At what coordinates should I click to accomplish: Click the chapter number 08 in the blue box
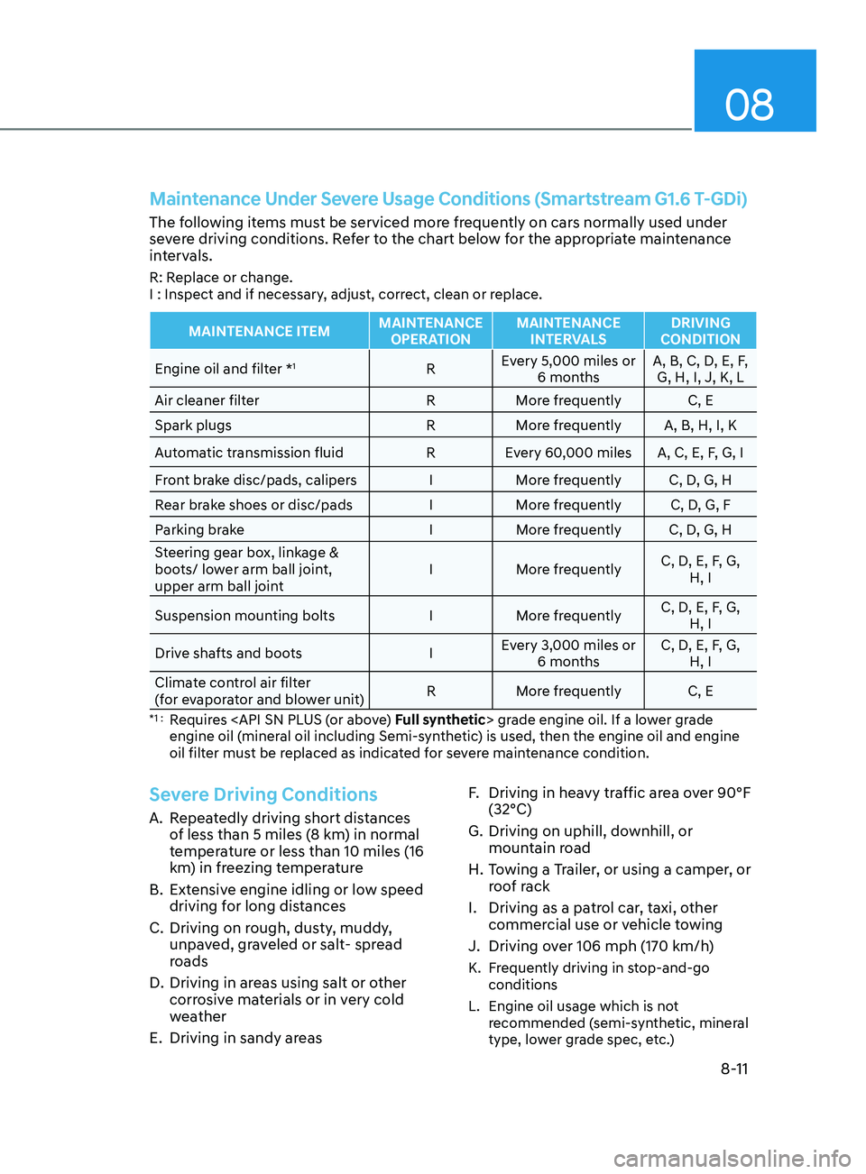[x=749, y=105]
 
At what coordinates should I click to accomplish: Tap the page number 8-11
[x=734, y=1069]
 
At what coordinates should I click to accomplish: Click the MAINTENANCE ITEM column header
[x=259, y=332]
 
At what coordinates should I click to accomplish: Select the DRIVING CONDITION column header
[x=700, y=331]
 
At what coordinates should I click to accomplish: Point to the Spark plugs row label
[x=193, y=426]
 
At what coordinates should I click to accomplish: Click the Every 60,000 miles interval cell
[x=568, y=453]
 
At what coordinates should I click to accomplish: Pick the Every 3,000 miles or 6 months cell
[x=568, y=654]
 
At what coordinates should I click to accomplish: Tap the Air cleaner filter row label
[x=207, y=400]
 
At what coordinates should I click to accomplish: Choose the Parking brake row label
[x=199, y=530]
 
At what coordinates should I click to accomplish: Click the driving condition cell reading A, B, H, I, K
[x=700, y=426]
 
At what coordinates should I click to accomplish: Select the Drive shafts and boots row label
[x=228, y=654]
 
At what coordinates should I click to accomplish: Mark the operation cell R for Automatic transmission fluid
[x=430, y=453]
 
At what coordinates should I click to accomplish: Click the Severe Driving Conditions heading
[x=263, y=794]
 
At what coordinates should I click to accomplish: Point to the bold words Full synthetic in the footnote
[x=440, y=720]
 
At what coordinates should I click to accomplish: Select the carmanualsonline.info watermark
[x=732, y=1158]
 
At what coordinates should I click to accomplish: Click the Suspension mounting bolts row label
[x=244, y=616]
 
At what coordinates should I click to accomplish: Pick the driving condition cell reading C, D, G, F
[x=700, y=505]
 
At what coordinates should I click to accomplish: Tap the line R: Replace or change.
[x=221, y=278]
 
